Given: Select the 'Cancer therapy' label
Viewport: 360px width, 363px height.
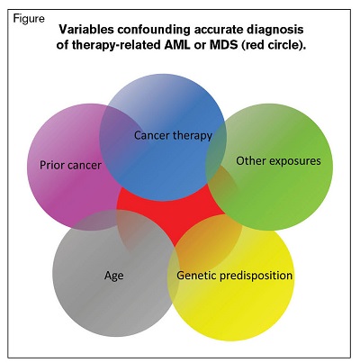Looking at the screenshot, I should click(173, 136).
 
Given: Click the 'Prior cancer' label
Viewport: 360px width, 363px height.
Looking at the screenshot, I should click(70, 166).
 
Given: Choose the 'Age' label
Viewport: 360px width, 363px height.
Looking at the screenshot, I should click(112, 276).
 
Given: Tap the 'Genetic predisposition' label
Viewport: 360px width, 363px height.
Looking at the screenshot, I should click(235, 275).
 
